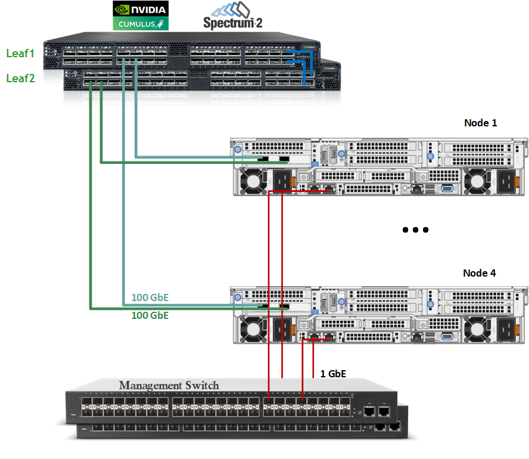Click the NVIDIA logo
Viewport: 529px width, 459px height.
tap(141, 8)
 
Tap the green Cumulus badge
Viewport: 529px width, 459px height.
tap(141, 24)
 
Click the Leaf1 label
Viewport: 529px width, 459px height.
tap(20, 54)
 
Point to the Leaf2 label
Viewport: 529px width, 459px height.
tap(20, 78)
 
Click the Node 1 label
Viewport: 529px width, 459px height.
tap(480, 123)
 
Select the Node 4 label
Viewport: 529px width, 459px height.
tap(480, 273)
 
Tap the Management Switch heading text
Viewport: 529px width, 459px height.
tap(169, 386)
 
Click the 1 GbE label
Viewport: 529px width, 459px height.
tap(333, 374)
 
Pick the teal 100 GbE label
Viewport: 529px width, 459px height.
tap(150, 298)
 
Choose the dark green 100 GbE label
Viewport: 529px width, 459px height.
tap(150, 315)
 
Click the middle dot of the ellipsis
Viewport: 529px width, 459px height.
tap(416, 229)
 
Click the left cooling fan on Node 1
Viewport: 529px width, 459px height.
tap(252, 180)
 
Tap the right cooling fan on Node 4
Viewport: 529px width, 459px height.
tap(477, 329)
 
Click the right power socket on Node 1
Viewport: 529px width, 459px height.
tap(506, 180)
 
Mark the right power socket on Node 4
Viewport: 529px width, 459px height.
tap(506, 329)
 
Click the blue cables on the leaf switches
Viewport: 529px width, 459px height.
tap(301, 66)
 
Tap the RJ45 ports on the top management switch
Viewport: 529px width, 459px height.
tap(377, 411)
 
